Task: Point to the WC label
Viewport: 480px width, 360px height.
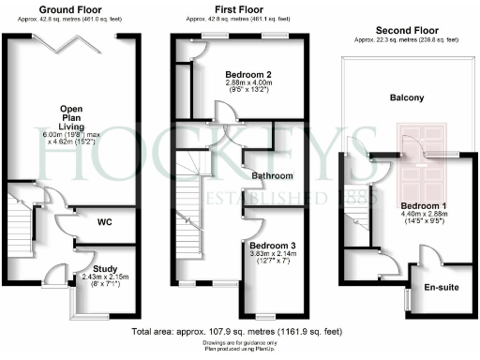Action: pyautogui.click(x=107, y=223)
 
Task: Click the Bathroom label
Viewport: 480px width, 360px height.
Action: pyautogui.click(x=274, y=175)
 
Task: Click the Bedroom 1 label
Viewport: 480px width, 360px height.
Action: pyautogui.click(x=424, y=205)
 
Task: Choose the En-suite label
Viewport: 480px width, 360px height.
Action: pyautogui.click(x=441, y=287)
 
